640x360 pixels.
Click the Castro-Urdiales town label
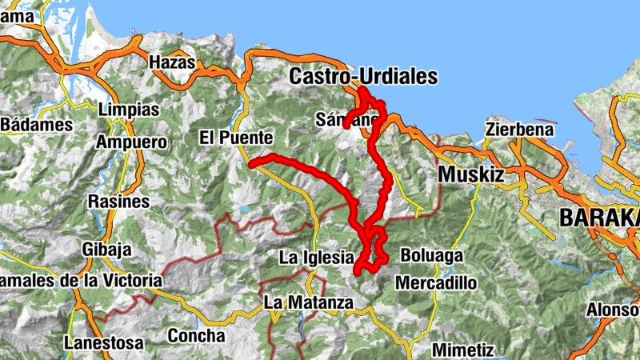[363, 77]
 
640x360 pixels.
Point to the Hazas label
[172, 62]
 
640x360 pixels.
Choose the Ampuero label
[131, 142]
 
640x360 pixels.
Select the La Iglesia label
[315, 258]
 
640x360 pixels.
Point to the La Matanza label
[308, 303]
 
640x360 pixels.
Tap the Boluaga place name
[432, 257]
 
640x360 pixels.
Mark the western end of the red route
[252, 164]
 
